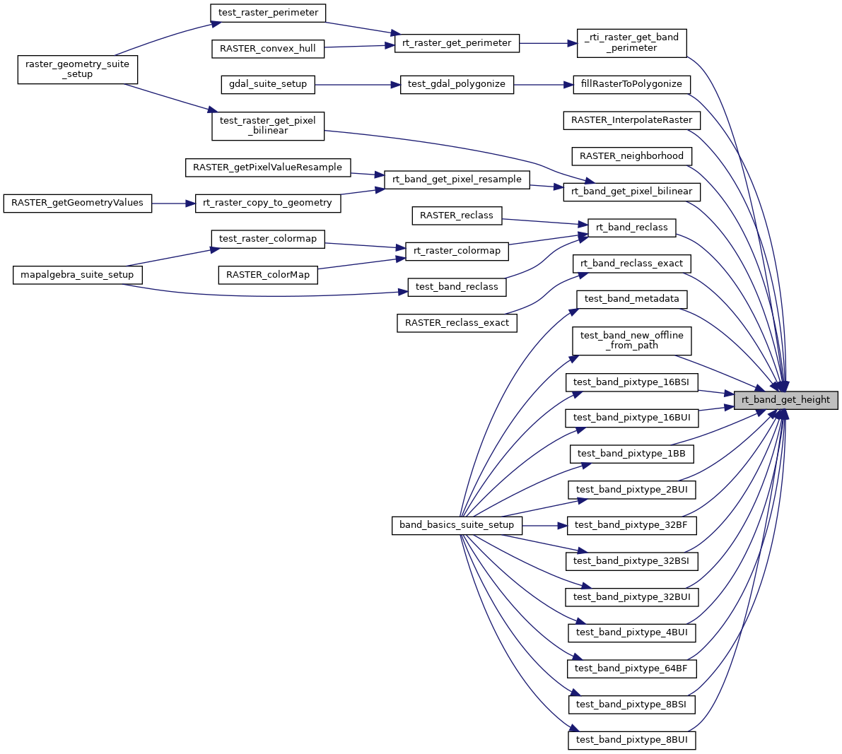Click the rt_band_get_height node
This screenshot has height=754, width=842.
pos(785,400)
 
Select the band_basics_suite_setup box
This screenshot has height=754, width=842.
pos(457,525)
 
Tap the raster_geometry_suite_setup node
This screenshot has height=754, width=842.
pos(77,69)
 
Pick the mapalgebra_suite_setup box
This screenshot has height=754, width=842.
pos(77,274)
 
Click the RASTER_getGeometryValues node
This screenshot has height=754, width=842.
pos(78,203)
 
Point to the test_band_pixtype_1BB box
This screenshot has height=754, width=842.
pos(631,454)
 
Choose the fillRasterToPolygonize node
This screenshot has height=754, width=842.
pos(631,84)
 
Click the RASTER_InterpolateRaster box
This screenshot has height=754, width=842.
pos(631,120)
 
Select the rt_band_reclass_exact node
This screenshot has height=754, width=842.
pos(631,264)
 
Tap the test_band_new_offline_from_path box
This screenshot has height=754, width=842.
pos(631,341)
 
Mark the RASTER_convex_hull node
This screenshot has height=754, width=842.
pos(268,49)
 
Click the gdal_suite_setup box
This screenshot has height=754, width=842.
pos(268,84)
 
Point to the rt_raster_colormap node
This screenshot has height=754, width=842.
pos(457,251)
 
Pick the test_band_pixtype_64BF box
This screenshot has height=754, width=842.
pos(631,668)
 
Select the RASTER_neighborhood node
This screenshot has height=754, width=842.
pos(631,156)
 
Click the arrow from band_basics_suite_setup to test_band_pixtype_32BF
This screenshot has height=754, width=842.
pos(544,526)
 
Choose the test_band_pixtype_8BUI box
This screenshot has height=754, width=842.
pos(631,740)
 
